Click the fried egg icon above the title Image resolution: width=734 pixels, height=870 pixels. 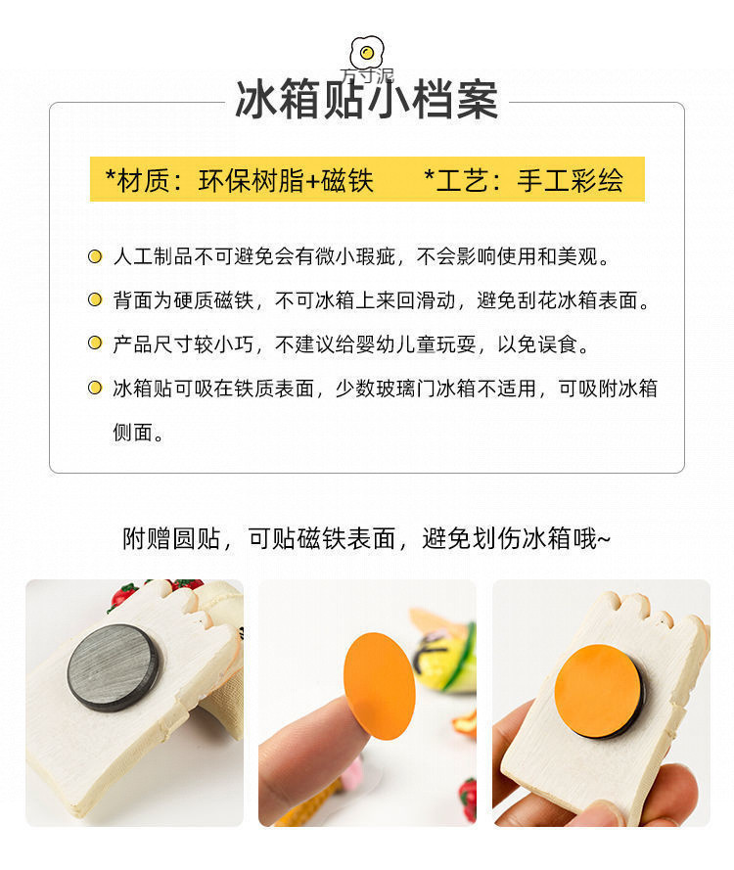[x=367, y=53]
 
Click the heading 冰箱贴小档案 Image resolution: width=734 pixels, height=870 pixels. [x=367, y=100]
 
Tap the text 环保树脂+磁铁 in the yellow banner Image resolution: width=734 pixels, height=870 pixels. [x=286, y=180]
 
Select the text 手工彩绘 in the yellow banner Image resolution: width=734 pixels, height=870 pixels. [x=570, y=180]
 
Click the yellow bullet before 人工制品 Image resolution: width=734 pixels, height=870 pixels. [x=95, y=256]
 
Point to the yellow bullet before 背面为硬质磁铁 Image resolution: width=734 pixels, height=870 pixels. [x=95, y=300]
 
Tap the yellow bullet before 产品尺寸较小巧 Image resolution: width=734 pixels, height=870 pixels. [x=95, y=343]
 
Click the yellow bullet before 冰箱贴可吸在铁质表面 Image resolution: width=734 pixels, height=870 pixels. [x=95, y=388]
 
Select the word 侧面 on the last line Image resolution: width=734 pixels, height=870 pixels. [x=132, y=432]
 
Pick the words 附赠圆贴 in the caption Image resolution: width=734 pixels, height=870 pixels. [x=171, y=538]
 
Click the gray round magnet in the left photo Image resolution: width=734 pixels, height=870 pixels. [x=115, y=667]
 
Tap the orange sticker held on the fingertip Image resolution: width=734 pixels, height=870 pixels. [x=380, y=686]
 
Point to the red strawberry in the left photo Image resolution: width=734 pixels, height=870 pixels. [x=123, y=595]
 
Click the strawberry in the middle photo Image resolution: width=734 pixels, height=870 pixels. [x=468, y=799]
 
